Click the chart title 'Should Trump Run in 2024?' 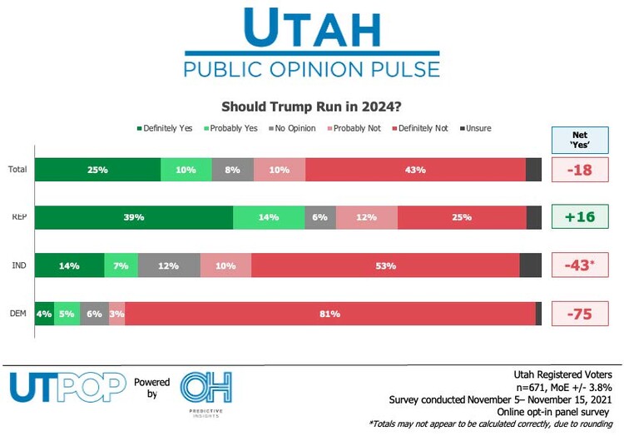click(x=312, y=107)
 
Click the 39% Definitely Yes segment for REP click(x=134, y=217)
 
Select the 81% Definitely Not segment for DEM click(x=330, y=314)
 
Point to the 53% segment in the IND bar click(x=385, y=265)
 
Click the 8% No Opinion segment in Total click(x=232, y=170)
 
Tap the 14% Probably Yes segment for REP click(x=269, y=217)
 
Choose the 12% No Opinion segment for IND click(x=169, y=265)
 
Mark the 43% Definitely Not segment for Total click(x=415, y=170)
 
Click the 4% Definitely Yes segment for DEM click(x=44, y=314)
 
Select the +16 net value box click(x=580, y=217)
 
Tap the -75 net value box click(x=580, y=314)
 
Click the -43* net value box click(x=580, y=265)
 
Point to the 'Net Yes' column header click(x=580, y=139)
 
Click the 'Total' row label click(x=17, y=170)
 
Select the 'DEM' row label click(x=17, y=314)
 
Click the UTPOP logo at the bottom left click(x=67, y=387)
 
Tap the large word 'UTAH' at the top click(x=312, y=31)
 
